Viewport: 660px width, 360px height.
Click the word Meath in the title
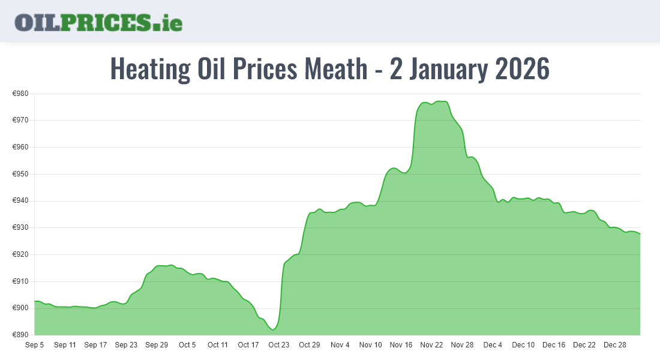(335, 69)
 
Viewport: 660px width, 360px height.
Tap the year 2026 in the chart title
(521, 69)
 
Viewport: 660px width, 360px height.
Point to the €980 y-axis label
(21, 94)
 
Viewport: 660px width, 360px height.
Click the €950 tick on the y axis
(21, 174)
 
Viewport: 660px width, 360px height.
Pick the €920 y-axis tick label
(21, 254)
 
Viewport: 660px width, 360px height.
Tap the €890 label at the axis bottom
(21, 335)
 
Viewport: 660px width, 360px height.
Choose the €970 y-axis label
(21, 121)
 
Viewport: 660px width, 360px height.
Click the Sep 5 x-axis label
(34, 345)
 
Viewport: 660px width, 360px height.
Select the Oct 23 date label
(278, 345)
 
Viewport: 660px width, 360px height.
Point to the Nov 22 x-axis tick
(431, 345)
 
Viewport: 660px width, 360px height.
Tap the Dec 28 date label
(614, 345)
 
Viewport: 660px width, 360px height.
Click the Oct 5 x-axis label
(187, 345)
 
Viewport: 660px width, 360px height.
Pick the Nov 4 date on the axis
(340, 345)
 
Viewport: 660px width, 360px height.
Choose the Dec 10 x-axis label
(523, 345)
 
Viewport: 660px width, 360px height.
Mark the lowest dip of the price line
(274, 329)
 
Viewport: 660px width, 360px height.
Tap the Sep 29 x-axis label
(156, 345)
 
